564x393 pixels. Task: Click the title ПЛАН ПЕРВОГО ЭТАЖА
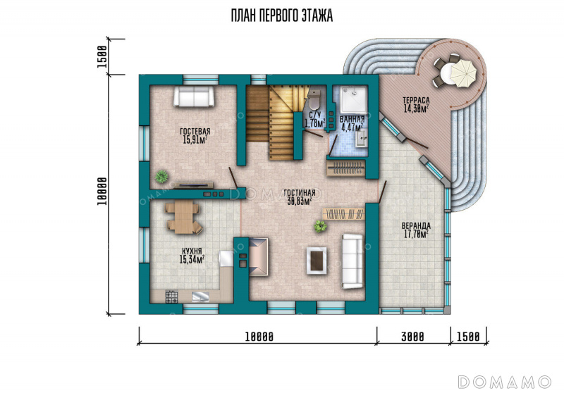281,15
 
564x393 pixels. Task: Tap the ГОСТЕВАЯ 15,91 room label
195,136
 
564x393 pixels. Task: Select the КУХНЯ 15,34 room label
192,256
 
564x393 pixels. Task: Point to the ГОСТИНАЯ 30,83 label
299,197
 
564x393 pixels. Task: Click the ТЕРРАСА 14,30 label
416,104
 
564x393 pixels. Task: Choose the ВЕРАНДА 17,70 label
416,230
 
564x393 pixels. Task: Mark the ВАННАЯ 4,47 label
352,123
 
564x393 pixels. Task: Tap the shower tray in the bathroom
354,99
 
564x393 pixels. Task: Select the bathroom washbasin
362,138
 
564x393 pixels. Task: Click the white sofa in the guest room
194,96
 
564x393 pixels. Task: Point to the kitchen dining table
183,217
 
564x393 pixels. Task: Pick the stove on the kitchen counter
171,297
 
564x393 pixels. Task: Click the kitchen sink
200,297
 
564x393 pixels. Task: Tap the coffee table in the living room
317,261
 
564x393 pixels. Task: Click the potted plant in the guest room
161,176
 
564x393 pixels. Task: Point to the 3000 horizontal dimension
412,337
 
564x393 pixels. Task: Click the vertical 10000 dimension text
102,192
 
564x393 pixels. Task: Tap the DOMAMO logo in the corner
505,382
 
